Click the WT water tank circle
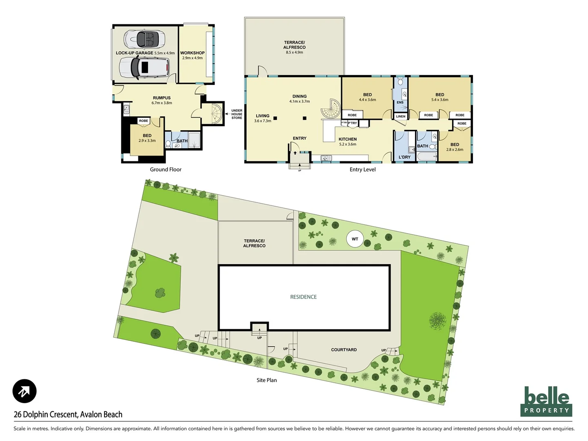[x=355, y=239]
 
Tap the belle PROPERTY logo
[x=546, y=401]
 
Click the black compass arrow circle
[x=24, y=391]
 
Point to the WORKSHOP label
[x=192, y=53]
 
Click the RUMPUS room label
[x=162, y=98]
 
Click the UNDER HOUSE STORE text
[x=237, y=114]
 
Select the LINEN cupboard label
[x=401, y=116]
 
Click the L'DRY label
[x=404, y=157]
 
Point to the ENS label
[x=400, y=102]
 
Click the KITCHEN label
[x=347, y=139]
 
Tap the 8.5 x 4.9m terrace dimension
[x=294, y=52]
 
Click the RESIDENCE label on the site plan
[x=303, y=297]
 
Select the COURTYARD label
[x=344, y=350]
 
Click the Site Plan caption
[x=266, y=380]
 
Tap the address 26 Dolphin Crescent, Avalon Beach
[x=68, y=414]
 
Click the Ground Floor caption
[x=165, y=169]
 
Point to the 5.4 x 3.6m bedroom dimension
[x=439, y=100]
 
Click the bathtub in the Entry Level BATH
[x=427, y=156]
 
